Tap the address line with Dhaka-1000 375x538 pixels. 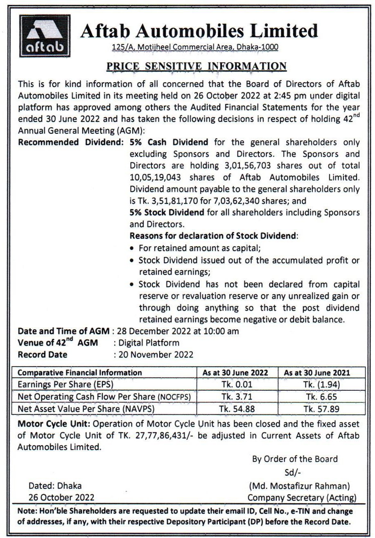[195, 47]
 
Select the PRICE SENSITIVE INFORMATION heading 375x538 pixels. [196, 66]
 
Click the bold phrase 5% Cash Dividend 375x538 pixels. [169, 142]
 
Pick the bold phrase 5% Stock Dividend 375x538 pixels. [167, 213]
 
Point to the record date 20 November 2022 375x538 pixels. [156, 355]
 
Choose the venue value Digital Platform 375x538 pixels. [149, 343]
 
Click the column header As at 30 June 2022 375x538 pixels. [235, 373]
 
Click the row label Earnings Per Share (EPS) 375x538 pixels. [66, 385]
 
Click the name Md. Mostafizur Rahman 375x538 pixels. [299, 486]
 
